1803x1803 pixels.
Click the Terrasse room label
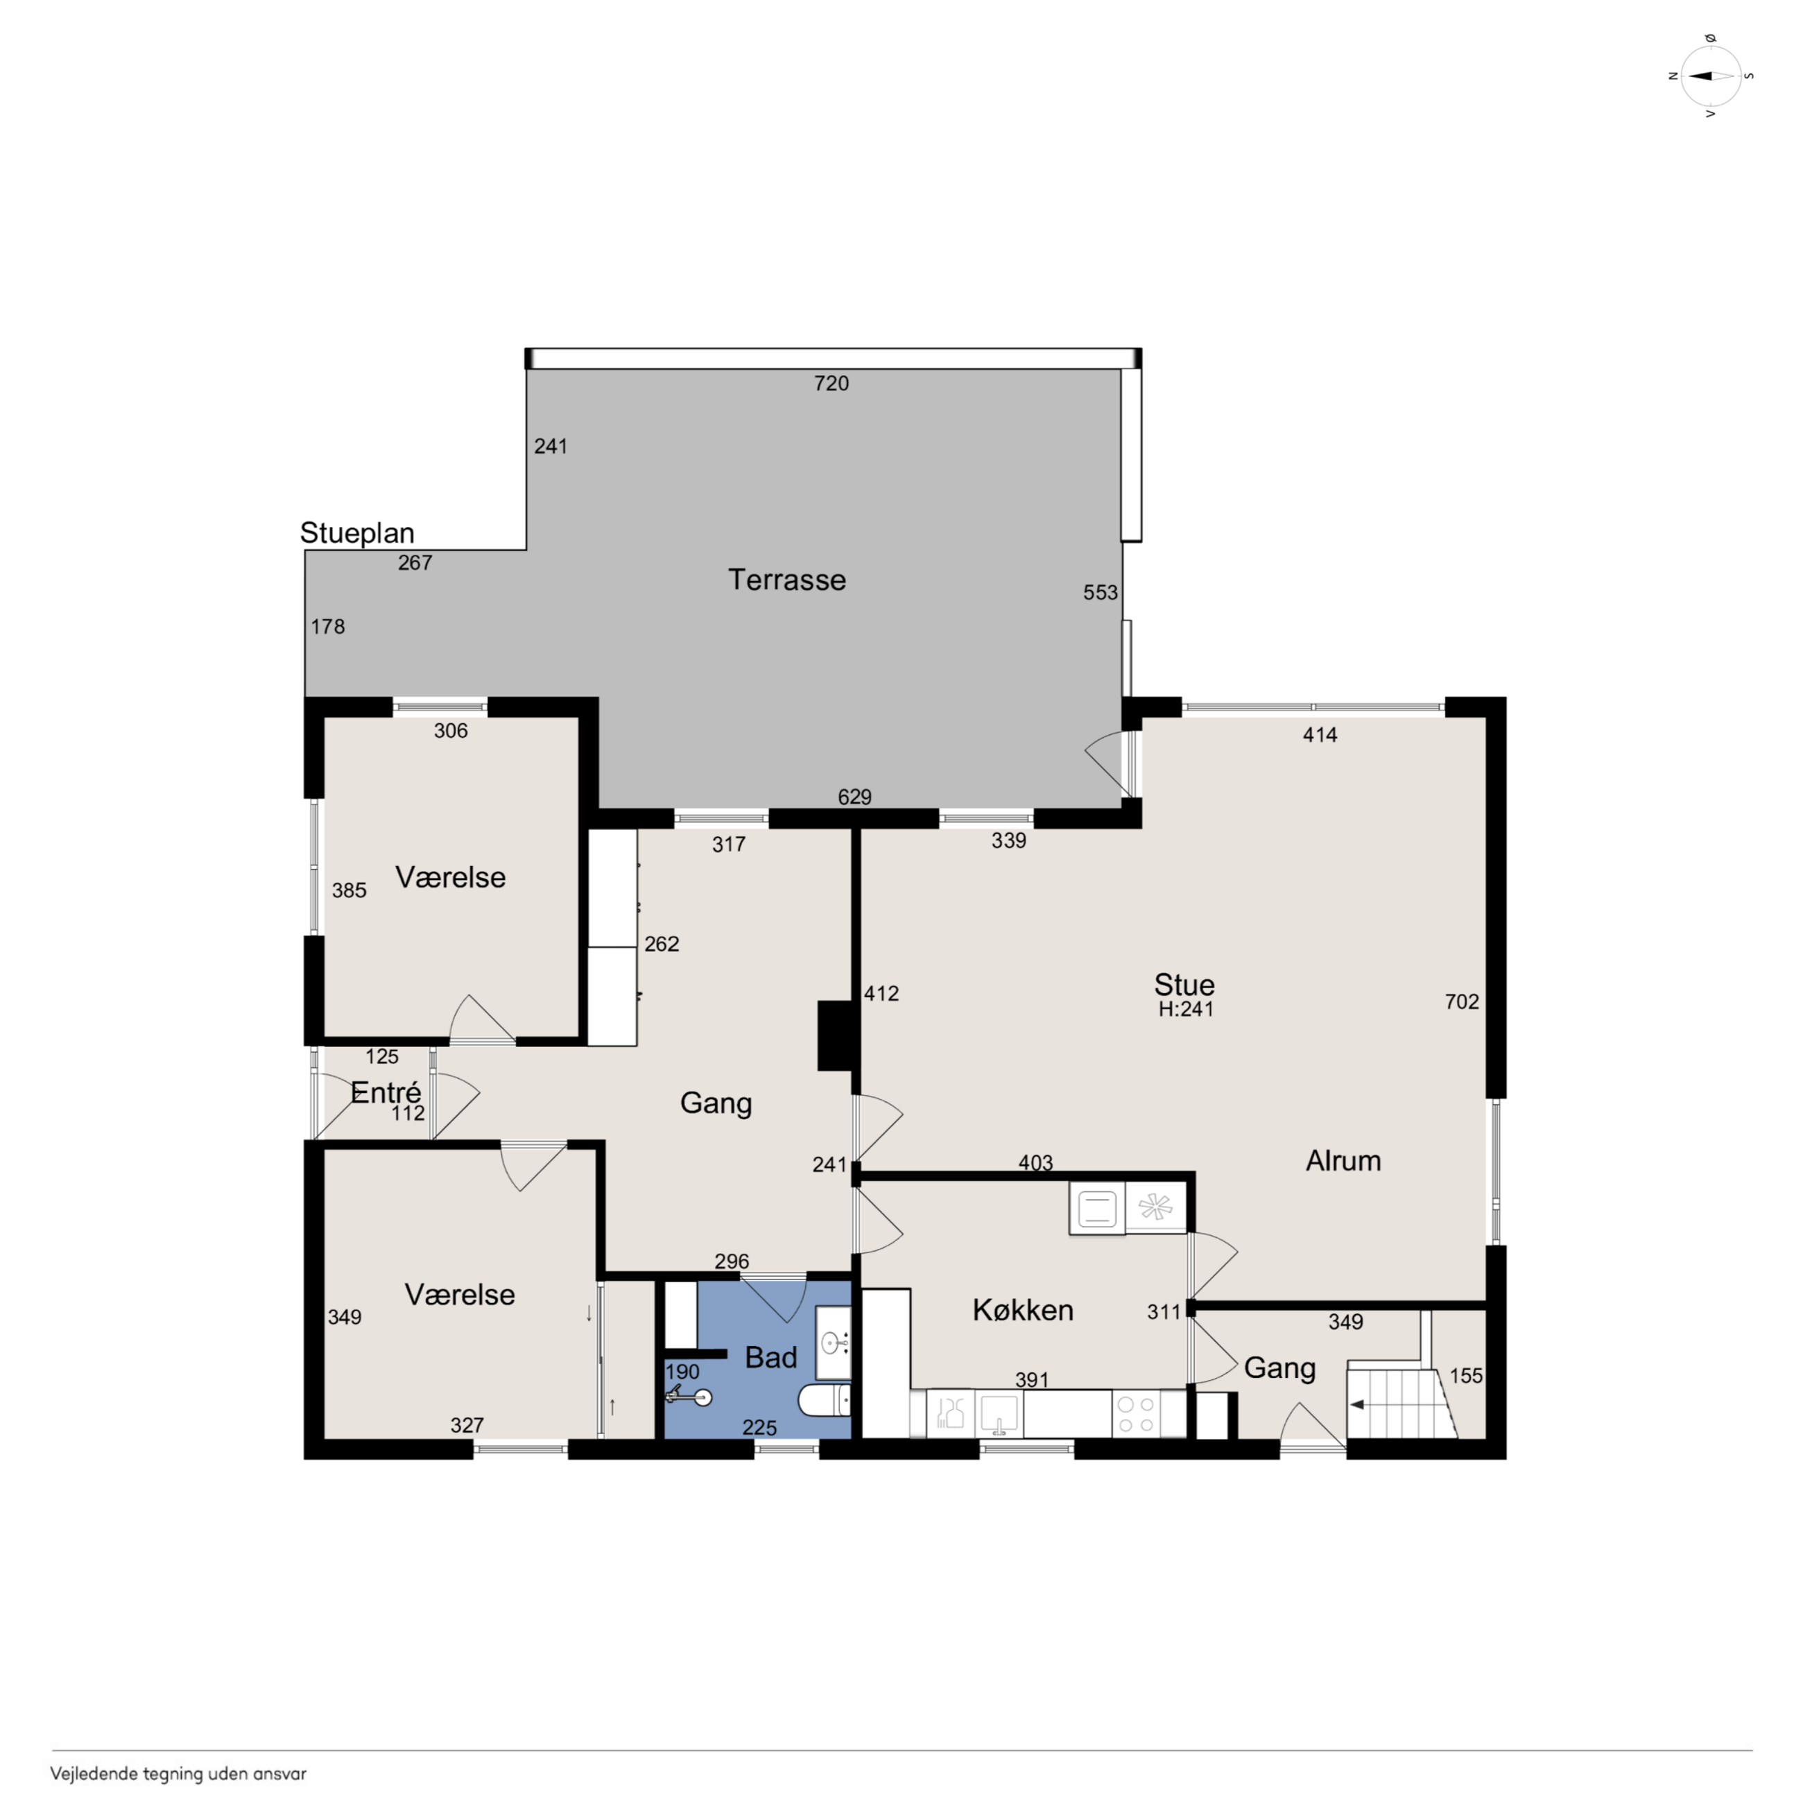point(786,580)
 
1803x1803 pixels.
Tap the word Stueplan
point(356,533)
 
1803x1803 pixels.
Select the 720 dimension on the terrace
point(831,383)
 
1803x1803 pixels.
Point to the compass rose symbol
point(1711,76)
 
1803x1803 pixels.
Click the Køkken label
point(1023,1310)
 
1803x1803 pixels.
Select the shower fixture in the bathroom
point(688,1396)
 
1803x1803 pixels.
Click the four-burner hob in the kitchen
point(1136,1415)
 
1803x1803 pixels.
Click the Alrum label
point(1343,1161)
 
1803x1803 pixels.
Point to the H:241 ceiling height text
point(1186,1009)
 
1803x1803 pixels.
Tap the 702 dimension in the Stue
point(1461,1001)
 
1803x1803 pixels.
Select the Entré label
point(386,1092)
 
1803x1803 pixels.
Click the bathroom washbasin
point(832,1343)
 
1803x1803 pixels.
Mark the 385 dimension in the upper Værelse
point(349,890)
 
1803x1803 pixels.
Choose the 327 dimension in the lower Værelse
point(467,1425)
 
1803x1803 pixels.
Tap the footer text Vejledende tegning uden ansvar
point(178,1774)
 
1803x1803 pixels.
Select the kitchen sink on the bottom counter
point(998,1415)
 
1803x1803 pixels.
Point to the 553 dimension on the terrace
point(1101,593)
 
